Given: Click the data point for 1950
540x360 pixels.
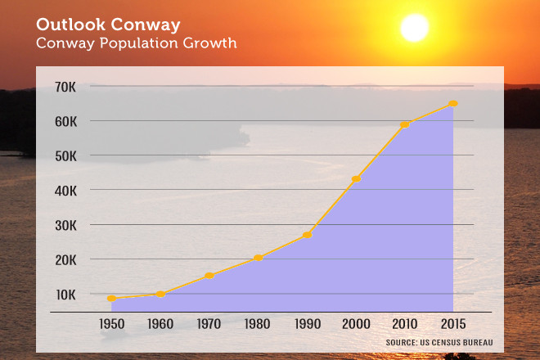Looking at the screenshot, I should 111,299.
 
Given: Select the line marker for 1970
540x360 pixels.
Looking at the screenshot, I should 209,276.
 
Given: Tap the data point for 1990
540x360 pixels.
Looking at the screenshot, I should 307,235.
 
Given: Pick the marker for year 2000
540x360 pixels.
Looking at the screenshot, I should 356,178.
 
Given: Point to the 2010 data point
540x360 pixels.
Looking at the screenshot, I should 404,124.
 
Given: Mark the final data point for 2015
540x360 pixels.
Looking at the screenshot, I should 453,104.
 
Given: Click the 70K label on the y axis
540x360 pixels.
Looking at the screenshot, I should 66,86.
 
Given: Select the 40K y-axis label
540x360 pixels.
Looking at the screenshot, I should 66,190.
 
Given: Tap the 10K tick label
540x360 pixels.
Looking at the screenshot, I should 66,294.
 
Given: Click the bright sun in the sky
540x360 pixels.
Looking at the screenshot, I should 414,29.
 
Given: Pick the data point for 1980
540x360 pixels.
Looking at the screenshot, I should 259,258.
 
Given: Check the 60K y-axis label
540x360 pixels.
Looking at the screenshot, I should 66,120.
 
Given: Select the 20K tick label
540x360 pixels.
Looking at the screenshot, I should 66,259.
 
